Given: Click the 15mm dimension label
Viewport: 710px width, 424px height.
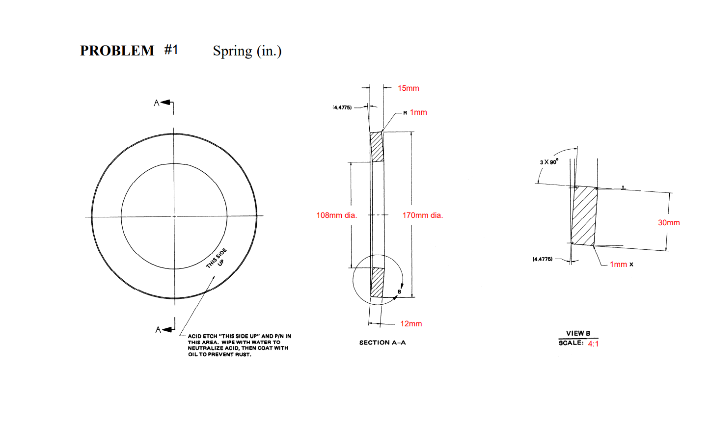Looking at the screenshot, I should tap(408, 88).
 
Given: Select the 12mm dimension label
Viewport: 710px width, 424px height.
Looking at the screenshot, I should tap(411, 324).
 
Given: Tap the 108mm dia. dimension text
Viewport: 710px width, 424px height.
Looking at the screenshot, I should tap(336, 215).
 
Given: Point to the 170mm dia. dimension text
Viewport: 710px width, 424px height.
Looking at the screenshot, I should tap(422, 215).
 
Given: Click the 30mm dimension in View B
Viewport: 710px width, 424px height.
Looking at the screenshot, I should tap(669, 223).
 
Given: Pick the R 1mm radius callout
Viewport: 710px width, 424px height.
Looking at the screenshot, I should tap(415, 112).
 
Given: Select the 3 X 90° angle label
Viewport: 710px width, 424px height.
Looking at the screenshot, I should tap(549, 162).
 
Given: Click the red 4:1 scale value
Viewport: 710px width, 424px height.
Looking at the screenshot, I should tap(593, 344).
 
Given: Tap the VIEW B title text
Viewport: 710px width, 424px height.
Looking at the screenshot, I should tap(578, 333).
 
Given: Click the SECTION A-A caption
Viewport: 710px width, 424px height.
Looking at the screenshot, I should tap(382, 343).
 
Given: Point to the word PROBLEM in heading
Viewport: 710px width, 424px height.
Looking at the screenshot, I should tap(117, 51).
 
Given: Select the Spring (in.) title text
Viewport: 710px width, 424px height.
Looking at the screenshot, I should tap(247, 51).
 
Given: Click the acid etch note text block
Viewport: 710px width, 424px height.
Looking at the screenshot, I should tap(239, 345).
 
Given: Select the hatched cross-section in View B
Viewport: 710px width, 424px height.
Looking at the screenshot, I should tap(584, 216).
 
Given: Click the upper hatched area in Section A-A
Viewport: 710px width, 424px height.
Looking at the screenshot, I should tap(377, 147).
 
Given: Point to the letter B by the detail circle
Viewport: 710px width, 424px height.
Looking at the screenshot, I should tap(399, 292).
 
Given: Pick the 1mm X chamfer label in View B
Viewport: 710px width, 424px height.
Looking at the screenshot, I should tap(621, 265).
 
